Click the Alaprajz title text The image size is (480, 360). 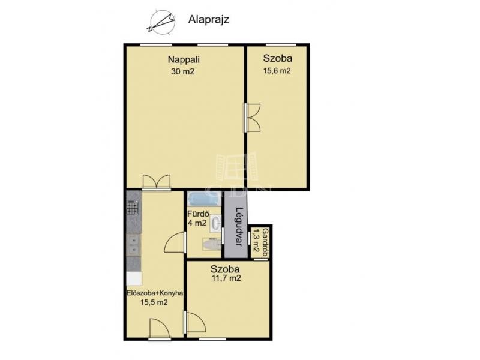click(209, 20)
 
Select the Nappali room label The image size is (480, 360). click(184, 59)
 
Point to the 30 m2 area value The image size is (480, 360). click(183, 71)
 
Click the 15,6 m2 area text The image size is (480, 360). click(277, 71)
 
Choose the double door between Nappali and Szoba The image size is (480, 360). click(252, 118)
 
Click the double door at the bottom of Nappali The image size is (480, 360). click(157, 182)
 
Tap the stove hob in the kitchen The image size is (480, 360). click(133, 208)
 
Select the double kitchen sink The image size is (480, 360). click(134, 245)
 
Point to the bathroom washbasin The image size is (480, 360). click(216, 223)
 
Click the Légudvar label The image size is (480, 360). click(239, 227)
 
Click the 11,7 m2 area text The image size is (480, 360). click(226, 278)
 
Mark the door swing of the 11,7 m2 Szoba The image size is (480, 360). click(196, 322)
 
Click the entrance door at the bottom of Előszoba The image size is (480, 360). click(159, 329)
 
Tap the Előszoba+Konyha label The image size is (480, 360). click(155, 293)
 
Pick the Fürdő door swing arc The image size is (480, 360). click(175, 242)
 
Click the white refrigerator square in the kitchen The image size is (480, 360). click(134, 278)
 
